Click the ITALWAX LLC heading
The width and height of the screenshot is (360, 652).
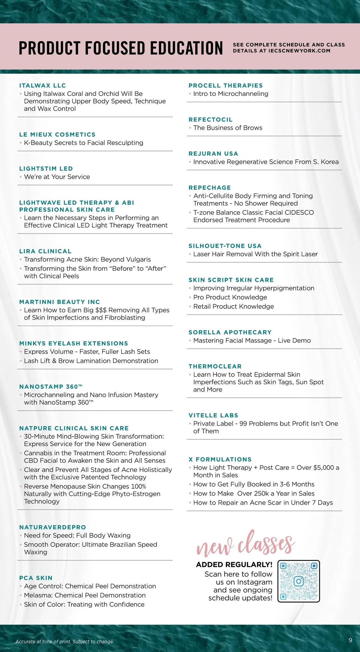pos(43,86)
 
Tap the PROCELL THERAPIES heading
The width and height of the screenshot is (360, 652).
pos(226,86)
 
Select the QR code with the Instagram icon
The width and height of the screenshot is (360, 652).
pos(298,581)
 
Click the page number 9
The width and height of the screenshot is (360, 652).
pos(350,640)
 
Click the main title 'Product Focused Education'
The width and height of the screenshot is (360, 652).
pos(121,48)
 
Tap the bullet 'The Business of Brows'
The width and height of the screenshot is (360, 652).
pos(228,128)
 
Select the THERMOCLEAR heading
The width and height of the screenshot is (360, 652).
pos(215,366)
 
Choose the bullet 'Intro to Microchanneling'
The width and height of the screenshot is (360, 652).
pos(231,94)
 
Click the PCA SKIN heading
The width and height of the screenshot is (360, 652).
pos(36,578)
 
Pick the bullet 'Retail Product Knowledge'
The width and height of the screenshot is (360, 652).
pos(233,306)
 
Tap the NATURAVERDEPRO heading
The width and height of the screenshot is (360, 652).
pos(52,527)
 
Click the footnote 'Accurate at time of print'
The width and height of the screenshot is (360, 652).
pos(65,642)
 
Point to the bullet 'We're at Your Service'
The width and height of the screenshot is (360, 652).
pos(57,177)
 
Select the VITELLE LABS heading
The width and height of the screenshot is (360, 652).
pos(213,415)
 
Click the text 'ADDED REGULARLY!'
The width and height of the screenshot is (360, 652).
pos(234,564)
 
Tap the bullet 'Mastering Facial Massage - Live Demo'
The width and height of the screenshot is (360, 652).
pos(252,341)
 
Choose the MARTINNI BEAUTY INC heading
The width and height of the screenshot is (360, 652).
pos(59,302)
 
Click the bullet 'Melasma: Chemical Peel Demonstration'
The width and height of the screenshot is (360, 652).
pos(85,595)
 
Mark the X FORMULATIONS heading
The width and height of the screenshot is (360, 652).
pos(220,459)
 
